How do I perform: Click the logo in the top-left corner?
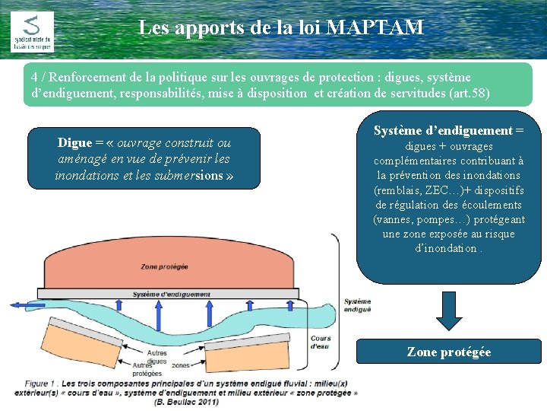(x=32, y=31)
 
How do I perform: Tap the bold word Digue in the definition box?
(x=74, y=143)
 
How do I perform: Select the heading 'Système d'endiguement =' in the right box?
(x=448, y=130)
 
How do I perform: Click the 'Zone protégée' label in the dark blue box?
(x=449, y=352)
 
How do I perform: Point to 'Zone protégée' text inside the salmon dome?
(x=164, y=266)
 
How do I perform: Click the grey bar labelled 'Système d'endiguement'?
(x=172, y=294)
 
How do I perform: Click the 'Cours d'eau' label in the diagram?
(x=320, y=342)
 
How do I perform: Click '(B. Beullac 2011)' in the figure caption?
(x=186, y=402)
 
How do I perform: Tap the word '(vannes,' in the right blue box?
(x=394, y=219)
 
